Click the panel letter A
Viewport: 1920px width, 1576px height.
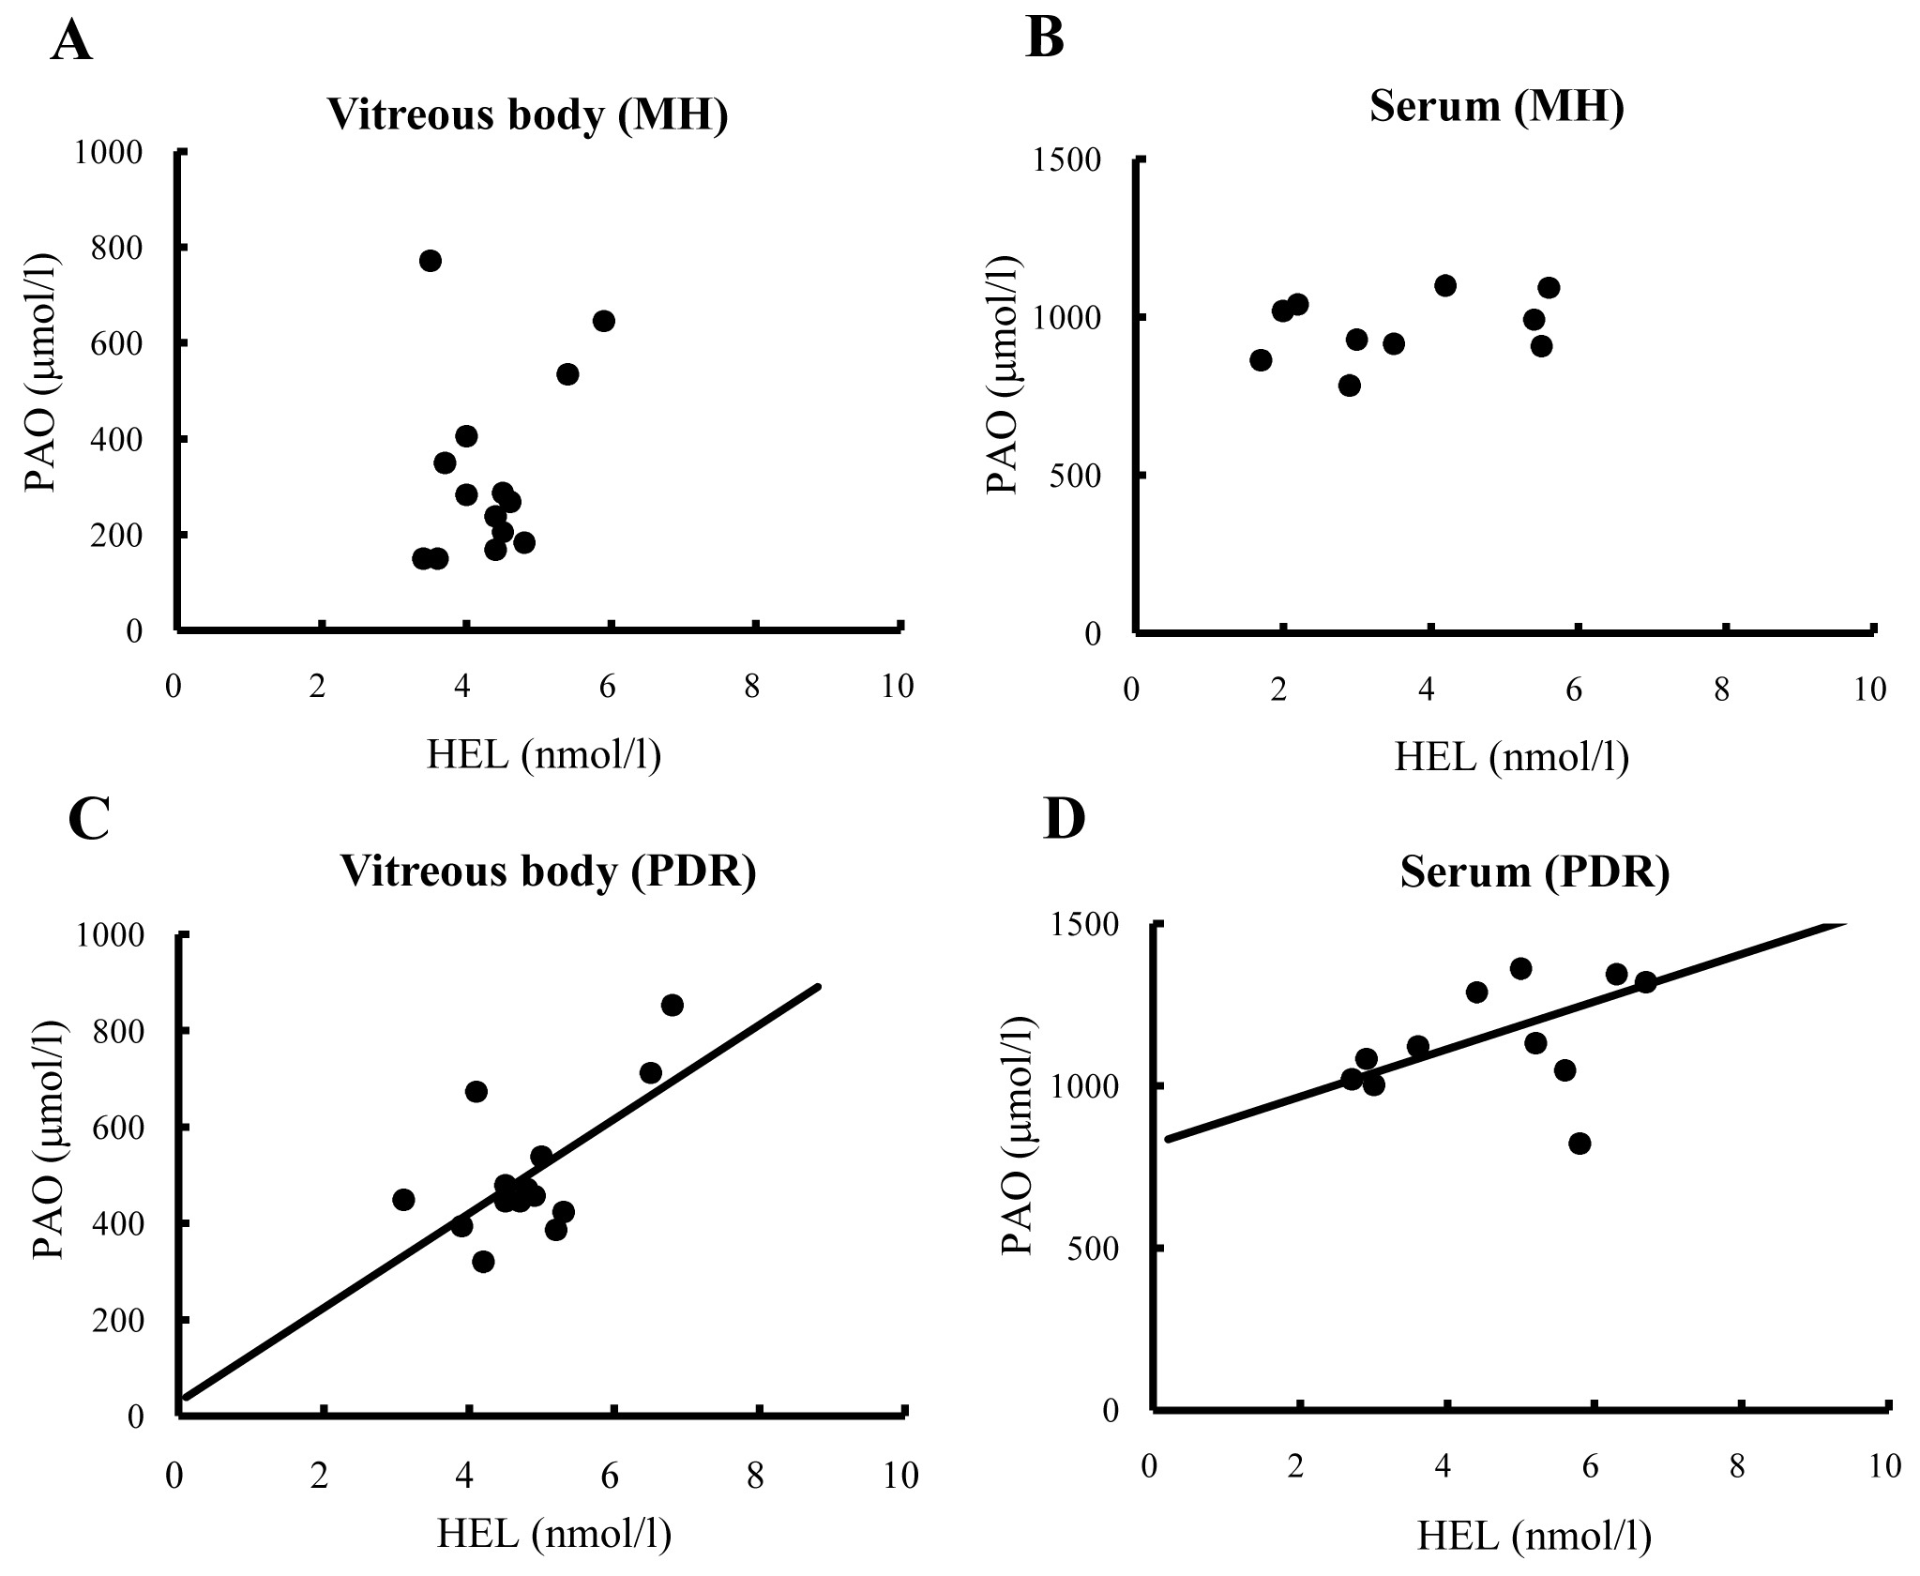coord(71,43)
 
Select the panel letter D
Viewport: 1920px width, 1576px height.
coord(1064,819)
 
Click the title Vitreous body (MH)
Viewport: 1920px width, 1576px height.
coord(527,115)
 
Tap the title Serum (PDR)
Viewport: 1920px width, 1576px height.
coord(1534,871)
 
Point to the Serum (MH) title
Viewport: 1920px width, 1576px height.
coord(1496,106)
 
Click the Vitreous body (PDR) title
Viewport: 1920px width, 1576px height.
coord(548,871)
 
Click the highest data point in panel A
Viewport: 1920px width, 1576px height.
coord(431,261)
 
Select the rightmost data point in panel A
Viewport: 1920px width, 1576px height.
coord(604,321)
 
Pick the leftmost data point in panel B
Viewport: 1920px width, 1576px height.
coord(1261,360)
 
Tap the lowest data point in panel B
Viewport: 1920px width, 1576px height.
coord(1350,386)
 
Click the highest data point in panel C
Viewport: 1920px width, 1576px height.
coord(673,1005)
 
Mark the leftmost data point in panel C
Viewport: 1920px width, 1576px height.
coord(404,1199)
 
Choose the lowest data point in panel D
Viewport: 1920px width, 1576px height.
coord(1580,1144)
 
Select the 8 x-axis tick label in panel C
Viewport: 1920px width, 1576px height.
coord(755,1476)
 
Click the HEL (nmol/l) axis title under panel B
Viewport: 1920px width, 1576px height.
coord(1511,758)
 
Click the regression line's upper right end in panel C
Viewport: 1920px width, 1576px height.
coord(819,987)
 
